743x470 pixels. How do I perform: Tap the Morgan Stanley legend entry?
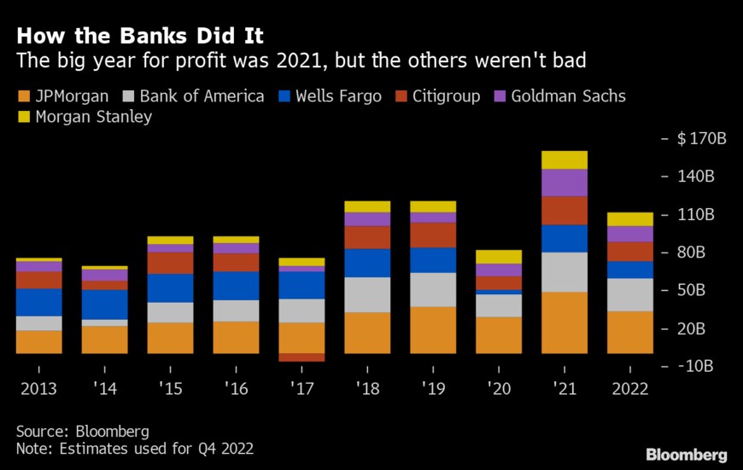85,116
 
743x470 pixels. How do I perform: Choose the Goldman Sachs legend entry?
559,96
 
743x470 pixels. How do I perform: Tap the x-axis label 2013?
39,389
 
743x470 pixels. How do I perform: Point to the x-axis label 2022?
630,389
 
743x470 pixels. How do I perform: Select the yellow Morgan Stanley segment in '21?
565,160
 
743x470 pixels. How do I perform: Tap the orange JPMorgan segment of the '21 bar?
565,322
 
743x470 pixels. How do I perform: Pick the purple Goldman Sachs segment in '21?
565,183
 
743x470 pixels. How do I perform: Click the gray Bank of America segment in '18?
367,294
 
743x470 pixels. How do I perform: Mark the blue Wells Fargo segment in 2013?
39,302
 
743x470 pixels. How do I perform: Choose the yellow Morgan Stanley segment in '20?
499,257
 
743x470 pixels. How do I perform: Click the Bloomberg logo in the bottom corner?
687,454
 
